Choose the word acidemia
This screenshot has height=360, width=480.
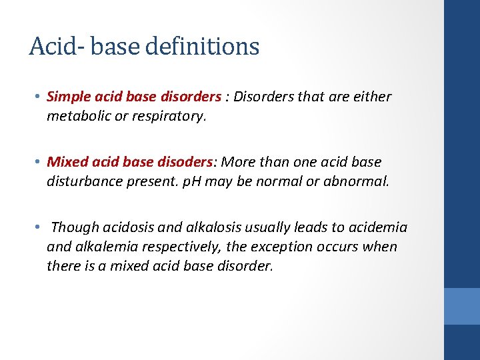coord(377,228)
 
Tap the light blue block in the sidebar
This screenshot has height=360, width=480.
coord(462,306)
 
